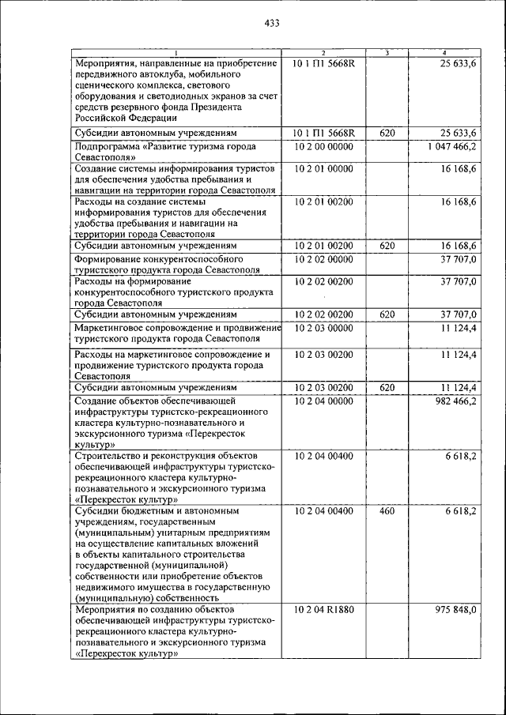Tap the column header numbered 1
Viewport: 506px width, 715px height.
[176, 53]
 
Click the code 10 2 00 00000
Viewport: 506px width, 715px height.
[324, 147]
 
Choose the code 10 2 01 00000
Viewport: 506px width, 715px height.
[324, 169]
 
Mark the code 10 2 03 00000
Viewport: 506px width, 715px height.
[324, 328]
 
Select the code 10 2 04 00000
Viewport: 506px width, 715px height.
[324, 401]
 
